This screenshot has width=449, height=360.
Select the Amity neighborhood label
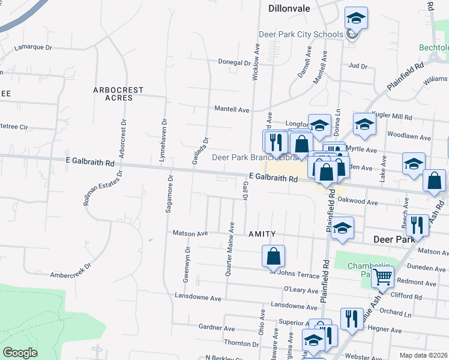[262, 233]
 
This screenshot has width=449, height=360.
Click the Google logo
[20, 353]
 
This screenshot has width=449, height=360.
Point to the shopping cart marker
[382, 277]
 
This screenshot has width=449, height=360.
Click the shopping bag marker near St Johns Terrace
[273, 256]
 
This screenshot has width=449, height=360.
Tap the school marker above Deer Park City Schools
[356, 19]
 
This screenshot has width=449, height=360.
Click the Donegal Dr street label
[234, 62]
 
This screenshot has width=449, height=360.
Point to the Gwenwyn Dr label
[187, 265]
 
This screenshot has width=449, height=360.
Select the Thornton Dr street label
[241, 344]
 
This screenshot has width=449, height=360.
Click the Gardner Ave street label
[217, 328]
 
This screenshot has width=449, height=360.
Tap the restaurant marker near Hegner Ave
[351, 318]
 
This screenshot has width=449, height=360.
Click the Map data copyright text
[424, 355]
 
